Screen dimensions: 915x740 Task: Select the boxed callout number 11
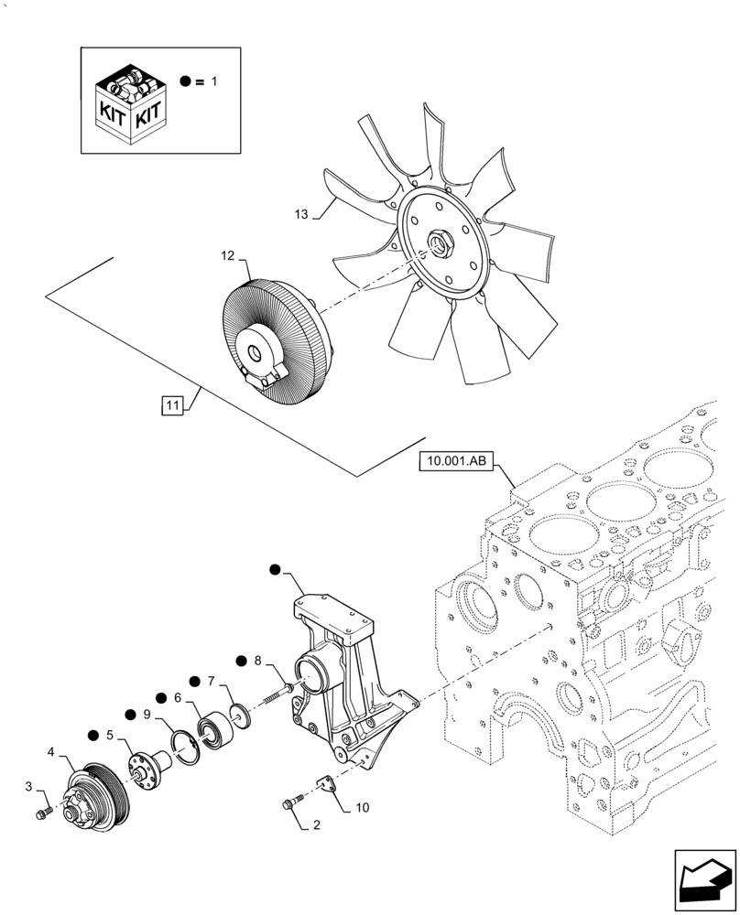(x=170, y=403)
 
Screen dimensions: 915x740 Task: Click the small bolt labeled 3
(x=43, y=814)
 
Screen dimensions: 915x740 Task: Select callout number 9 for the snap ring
(x=146, y=715)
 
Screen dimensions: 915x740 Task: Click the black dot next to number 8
(x=242, y=660)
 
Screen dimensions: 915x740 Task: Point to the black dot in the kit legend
(x=186, y=81)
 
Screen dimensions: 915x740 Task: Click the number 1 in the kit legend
(x=214, y=81)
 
